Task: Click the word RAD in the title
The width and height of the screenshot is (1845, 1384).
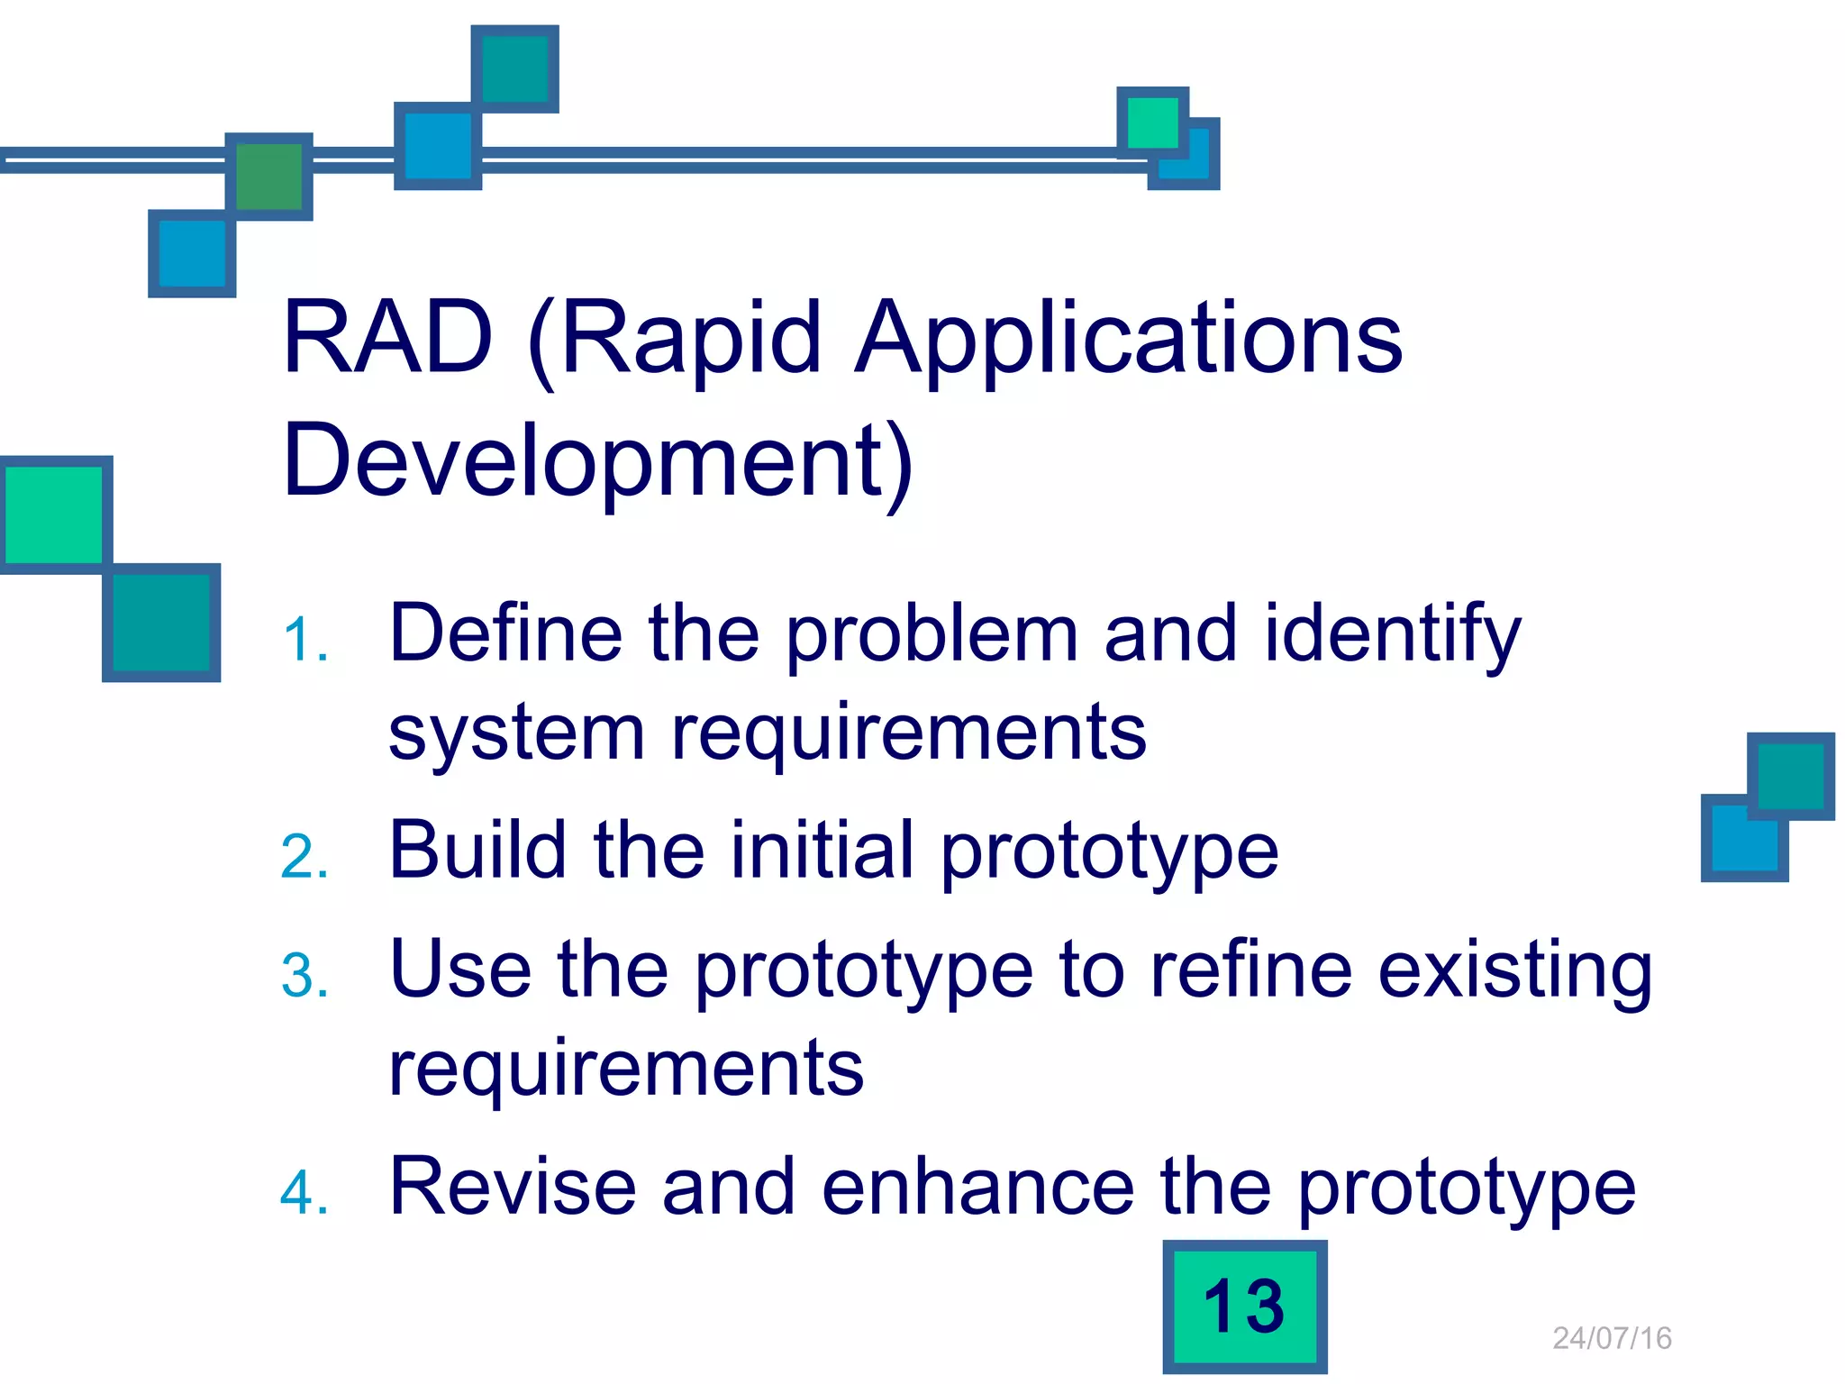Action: click(x=387, y=338)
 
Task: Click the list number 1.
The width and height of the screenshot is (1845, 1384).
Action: click(x=304, y=642)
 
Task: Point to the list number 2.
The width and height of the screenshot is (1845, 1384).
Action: click(x=304, y=857)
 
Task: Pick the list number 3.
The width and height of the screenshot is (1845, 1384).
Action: click(x=304, y=977)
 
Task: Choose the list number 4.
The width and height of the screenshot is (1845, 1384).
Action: click(x=304, y=1193)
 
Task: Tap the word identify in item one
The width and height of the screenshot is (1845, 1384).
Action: click(x=1393, y=636)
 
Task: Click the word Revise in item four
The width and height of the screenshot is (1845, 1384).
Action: click(x=512, y=1187)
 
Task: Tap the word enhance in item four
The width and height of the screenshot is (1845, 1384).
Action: click(x=977, y=1187)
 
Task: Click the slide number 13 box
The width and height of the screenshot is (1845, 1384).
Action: click(x=1244, y=1307)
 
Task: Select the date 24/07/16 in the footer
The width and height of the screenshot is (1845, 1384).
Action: click(x=1612, y=1338)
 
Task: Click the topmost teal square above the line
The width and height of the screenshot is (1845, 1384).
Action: click(x=514, y=69)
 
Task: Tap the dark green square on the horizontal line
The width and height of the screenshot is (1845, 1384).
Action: click(x=268, y=177)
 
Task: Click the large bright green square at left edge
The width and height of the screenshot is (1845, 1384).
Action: click(x=54, y=515)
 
